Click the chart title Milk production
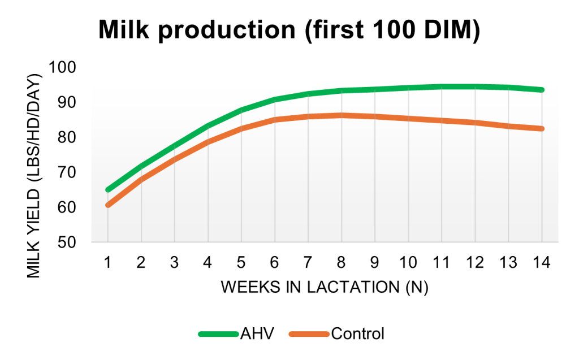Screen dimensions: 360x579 tap(289, 30)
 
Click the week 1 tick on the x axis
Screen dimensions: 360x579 tap(107, 262)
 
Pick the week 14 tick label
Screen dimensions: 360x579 tap(542, 262)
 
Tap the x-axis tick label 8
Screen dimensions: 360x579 tap(342, 262)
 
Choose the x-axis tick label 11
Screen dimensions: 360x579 tap(441, 262)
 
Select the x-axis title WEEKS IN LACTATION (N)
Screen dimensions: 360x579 tap(325, 287)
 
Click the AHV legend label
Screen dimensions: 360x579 tap(256, 333)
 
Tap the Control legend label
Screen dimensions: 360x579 tap(357, 333)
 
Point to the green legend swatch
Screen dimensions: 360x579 tap(218, 333)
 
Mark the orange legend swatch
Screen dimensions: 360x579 tap(308, 333)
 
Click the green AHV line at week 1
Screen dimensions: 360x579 tap(107, 190)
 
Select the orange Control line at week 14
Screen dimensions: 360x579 tap(542, 129)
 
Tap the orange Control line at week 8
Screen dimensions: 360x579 tap(342, 115)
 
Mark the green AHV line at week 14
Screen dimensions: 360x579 tap(542, 90)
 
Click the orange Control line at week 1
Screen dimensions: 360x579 tap(107, 205)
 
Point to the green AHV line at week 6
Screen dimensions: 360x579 tap(275, 99)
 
